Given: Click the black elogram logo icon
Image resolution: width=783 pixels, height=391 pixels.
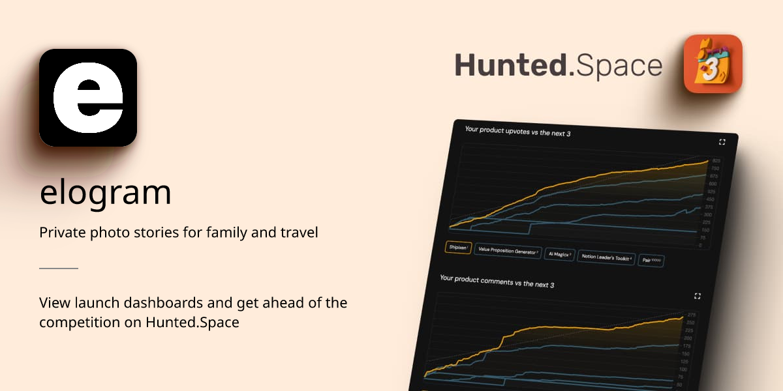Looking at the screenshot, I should (88, 98).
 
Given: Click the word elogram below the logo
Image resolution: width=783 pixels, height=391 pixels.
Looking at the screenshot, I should (105, 192).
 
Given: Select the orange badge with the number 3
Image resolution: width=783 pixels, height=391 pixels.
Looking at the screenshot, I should (713, 64).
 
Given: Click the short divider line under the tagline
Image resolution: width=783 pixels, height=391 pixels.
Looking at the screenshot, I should (59, 268).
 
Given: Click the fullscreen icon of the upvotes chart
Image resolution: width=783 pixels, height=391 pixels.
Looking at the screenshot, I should (722, 142).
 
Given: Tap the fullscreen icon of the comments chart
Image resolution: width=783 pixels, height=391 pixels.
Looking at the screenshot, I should (698, 296).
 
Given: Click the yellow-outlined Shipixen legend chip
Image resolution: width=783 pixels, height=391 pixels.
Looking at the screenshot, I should (458, 248).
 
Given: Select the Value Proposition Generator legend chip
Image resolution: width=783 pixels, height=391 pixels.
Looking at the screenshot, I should (508, 251).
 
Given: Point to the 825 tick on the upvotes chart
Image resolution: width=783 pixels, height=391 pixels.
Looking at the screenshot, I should (716, 161).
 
